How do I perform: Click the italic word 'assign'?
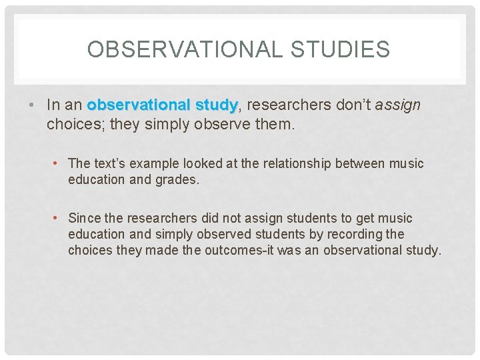point(398,105)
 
